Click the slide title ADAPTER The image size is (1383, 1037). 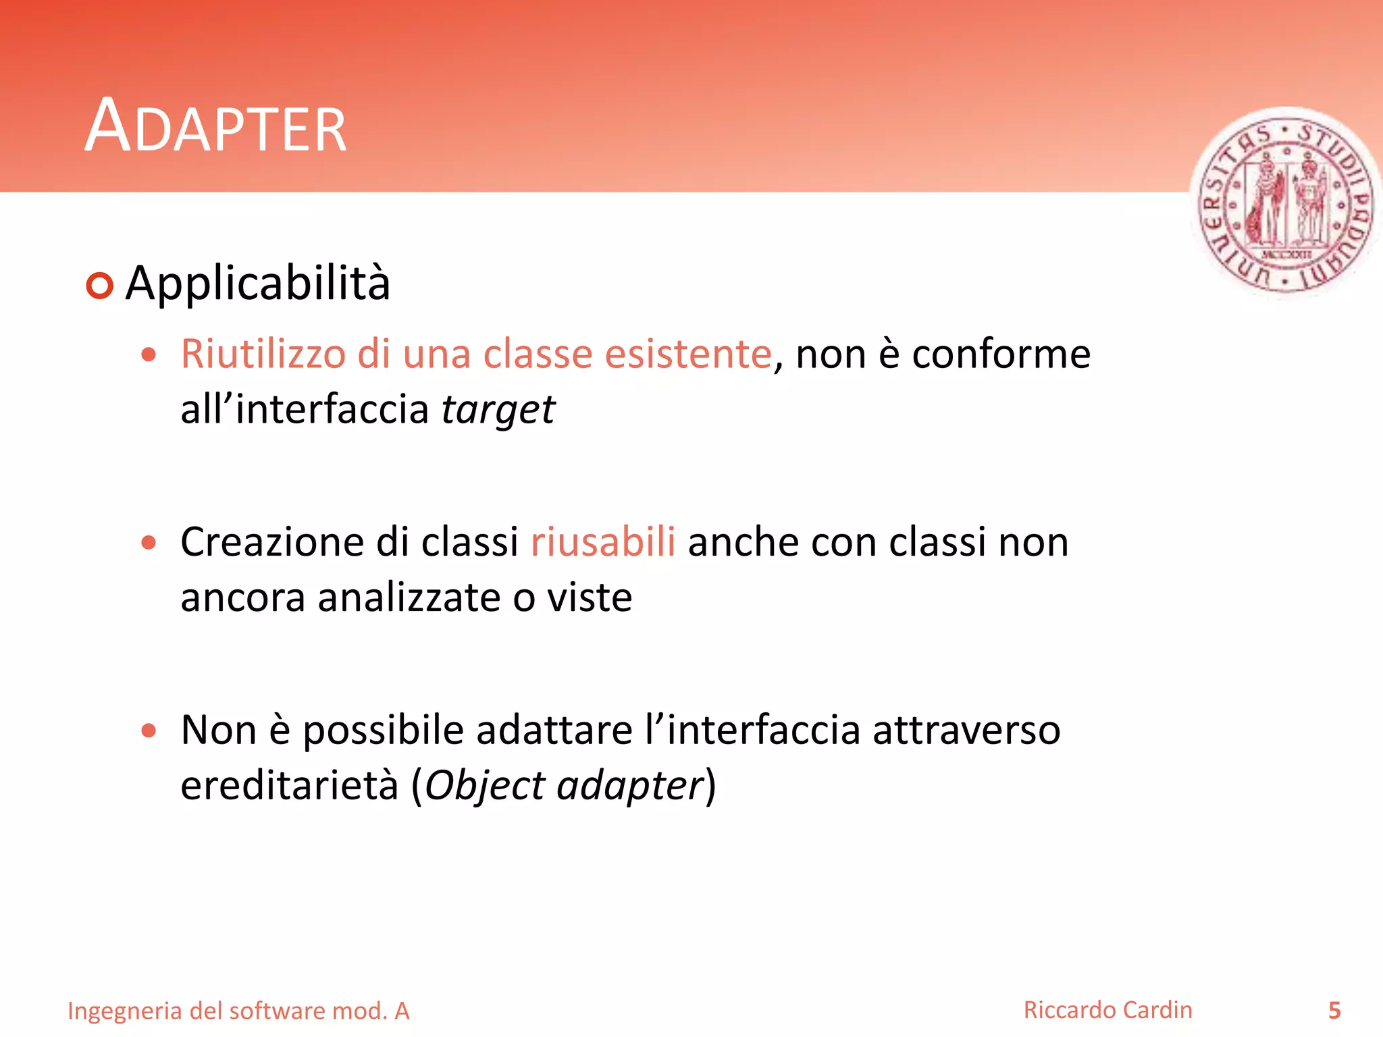[215, 126]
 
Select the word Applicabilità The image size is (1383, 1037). [258, 283]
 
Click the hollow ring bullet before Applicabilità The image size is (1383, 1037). [100, 286]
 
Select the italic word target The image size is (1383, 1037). [498, 410]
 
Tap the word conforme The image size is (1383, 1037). [1001, 354]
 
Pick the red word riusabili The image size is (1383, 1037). [602, 541]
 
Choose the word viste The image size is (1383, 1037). [589, 597]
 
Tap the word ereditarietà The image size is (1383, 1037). [289, 785]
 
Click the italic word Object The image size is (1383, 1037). [484, 786]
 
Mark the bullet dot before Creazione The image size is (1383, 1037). [149, 542]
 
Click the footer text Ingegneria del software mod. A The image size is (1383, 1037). [238, 1011]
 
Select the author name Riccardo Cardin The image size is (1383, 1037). [1107, 1010]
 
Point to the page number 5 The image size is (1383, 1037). [1334, 1011]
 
